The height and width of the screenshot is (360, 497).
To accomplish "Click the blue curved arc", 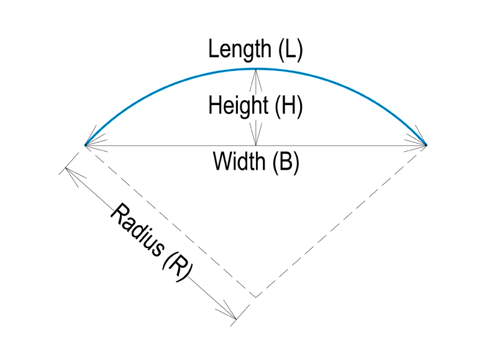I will pos(155,86).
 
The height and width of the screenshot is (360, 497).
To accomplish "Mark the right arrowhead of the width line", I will pos(421,145).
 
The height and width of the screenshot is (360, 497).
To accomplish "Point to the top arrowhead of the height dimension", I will pos(255,75).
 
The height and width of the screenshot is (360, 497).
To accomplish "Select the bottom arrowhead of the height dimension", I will pos(255,139).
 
